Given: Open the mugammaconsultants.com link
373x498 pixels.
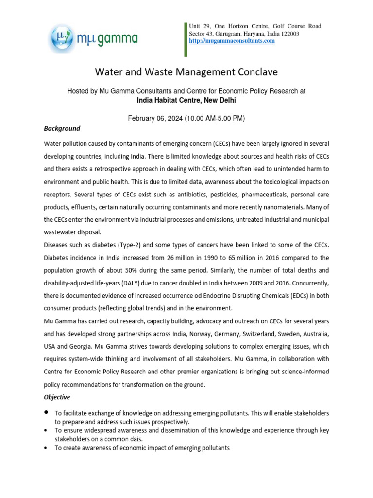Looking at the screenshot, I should pos(232,41).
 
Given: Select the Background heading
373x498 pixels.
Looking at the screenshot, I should pos(62,129).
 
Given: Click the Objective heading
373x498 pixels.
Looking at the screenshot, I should pos(57,397).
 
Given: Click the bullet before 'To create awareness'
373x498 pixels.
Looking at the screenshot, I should pos(46,447).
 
